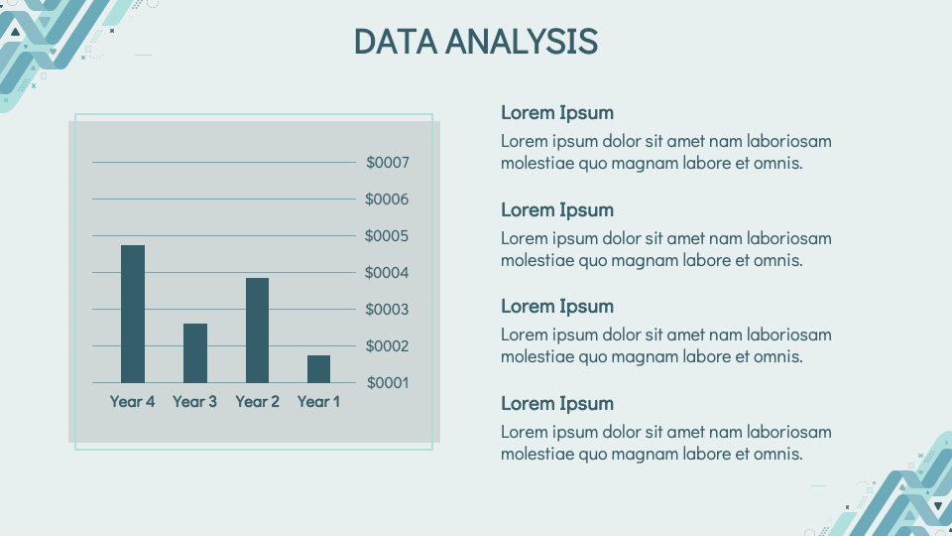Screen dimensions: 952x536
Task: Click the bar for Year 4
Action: click(133, 315)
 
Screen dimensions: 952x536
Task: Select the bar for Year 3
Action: click(195, 353)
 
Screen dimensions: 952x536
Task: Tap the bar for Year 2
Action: click(258, 331)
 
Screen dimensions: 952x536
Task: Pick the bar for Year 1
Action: click(318, 369)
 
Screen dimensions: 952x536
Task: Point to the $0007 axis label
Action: click(388, 162)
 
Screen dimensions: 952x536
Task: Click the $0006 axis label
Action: click(387, 200)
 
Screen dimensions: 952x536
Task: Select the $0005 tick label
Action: click(387, 236)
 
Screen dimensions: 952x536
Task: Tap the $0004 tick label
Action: click(387, 273)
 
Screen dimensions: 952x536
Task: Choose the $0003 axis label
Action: click(387, 310)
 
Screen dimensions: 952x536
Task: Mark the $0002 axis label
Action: click(387, 346)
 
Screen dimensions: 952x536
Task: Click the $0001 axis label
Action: click(388, 383)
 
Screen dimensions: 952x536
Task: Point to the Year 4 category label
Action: click(132, 402)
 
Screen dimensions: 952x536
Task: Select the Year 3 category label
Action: click(195, 402)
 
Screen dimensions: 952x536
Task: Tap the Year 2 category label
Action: click(258, 402)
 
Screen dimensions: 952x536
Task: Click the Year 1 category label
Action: click(318, 402)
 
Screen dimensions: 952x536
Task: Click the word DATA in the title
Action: click(396, 42)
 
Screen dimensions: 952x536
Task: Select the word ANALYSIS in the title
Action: click(522, 42)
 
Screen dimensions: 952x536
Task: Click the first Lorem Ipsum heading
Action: click(557, 113)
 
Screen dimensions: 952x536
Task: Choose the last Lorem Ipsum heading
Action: click(557, 404)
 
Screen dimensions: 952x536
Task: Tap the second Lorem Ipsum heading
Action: click(557, 210)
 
